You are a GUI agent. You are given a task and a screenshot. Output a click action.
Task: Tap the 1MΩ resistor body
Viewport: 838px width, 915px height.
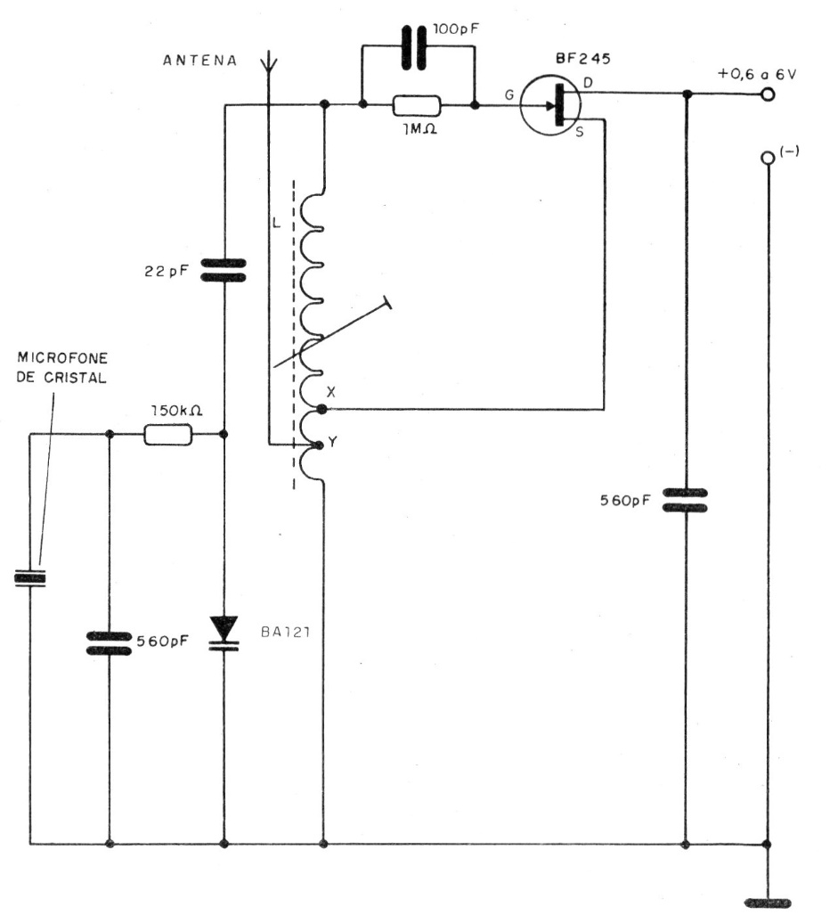[417, 106]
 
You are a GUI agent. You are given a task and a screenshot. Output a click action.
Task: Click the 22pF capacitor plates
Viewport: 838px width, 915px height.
[224, 269]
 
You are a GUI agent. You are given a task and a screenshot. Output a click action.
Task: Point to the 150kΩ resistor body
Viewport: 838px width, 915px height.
[167, 434]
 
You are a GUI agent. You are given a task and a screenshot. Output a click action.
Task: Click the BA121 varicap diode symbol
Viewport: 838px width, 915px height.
[224, 632]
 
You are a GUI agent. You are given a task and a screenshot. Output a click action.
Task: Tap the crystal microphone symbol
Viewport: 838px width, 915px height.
[29, 579]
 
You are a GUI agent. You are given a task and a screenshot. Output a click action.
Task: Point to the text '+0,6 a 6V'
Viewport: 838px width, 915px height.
[757, 74]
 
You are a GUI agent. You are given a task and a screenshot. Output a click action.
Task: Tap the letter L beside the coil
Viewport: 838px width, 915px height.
[277, 222]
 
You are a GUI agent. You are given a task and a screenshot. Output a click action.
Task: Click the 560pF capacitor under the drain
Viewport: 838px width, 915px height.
[687, 500]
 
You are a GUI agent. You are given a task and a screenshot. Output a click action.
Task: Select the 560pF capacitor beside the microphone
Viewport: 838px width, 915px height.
[110, 642]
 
